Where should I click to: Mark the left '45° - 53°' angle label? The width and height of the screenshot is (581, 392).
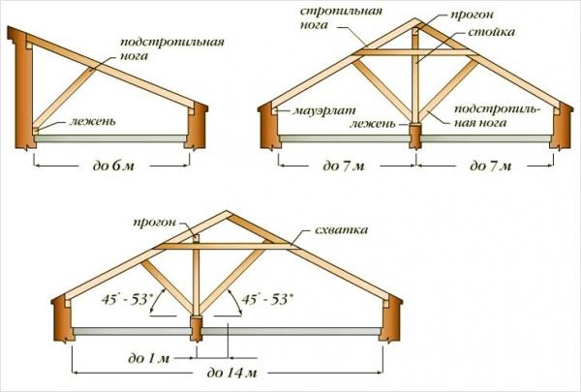pyautogui.click(x=145, y=300)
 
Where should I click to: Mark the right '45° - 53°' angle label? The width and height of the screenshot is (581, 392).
pyautogui.click(x=264, y=300)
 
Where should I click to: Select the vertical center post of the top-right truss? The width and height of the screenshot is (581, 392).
pyautogui.click(x=414, y=77)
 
